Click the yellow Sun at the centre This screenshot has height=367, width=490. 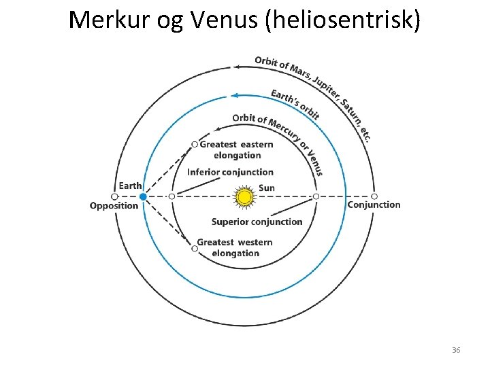click(x=244, y=197)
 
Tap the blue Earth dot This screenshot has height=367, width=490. click(x=143, y=197)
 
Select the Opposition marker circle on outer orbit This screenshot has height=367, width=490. click(x=115, y=197)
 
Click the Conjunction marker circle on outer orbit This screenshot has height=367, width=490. click(x=374, y=196)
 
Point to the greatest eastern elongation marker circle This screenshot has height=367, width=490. click(x=195, y=144)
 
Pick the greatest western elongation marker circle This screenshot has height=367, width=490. click(x=195, y=249)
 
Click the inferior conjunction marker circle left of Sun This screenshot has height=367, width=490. click(x=171, y=196)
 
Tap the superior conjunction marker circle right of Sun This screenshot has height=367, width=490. click(x=316, y=196)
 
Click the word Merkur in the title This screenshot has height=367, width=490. click(x=105, y=20)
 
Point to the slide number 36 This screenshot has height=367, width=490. click(x=456, y=350)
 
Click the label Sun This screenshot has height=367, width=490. click(x=267, y=188)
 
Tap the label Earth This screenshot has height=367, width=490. click(x=130, y=186)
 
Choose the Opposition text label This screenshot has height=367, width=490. click(x=114, y=206)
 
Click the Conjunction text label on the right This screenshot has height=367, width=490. click(x=374, y=205)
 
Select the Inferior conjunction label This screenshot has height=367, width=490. click(x=230, y=172)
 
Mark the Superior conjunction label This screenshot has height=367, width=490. click(x=257, y=222)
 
